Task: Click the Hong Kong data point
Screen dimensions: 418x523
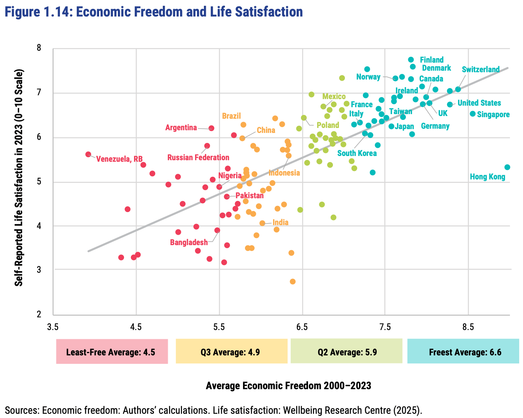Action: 507,167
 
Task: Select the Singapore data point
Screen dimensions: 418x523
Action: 473,114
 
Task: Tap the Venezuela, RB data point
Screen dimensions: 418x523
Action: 88,154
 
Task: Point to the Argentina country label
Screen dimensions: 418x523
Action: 181,128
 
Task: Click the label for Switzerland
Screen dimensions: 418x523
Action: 480,70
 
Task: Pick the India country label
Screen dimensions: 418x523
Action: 280,222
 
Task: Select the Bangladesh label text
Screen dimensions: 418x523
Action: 189,242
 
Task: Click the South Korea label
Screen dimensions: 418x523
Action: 357,153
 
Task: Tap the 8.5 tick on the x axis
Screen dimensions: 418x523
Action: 468,327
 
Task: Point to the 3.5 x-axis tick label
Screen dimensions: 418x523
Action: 53,327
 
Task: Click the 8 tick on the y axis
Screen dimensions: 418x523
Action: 39,48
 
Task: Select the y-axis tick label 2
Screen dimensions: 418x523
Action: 39,314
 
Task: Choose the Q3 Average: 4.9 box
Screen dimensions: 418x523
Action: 231,352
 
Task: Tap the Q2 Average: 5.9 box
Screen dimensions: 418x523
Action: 346,352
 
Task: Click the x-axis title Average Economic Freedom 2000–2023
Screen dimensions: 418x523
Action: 288,386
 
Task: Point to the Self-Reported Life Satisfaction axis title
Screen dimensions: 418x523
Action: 19,177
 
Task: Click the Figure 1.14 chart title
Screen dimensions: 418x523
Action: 154,12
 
